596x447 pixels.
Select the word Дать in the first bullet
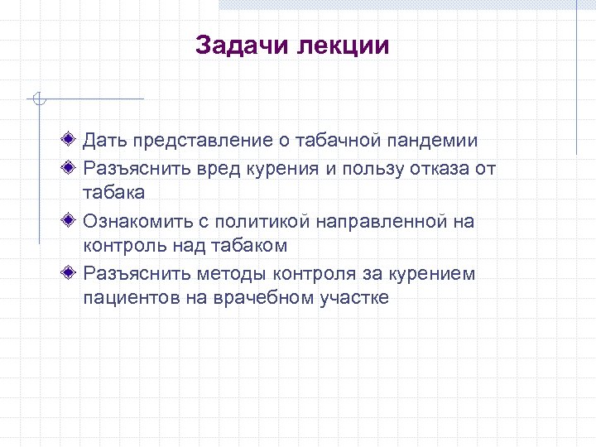tap(102, 142)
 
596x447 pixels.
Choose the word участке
tap(353, 298)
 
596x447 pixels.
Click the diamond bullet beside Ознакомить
tap(74, 220)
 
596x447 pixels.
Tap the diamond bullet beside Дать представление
tap(74, 142)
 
